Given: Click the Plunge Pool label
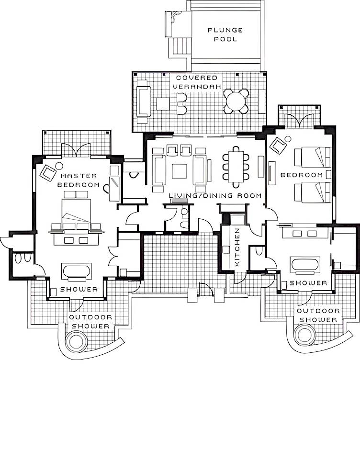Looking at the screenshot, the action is click(x=225, y=34).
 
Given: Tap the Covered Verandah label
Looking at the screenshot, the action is click(x=197, y=82).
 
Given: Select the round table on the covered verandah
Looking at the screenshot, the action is click(x=236, y=101).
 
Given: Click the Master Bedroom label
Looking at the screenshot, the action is click(x=79, y=180).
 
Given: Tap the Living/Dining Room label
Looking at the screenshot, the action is click(x=215, y=196).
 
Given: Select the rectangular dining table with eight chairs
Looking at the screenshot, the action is click(x=236, y=167).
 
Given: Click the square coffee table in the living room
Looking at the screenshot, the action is click(x=179, y=171).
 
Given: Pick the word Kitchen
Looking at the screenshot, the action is click(x=237, y=247).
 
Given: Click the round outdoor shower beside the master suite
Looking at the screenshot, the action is click(x=76, y=341).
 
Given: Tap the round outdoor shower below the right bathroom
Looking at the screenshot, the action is click(x=305, y=334).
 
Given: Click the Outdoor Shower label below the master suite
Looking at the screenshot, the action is click(x=90, y=322).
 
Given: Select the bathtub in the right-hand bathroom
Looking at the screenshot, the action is click(x=305, y=264).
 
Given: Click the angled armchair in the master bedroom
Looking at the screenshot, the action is click(x=48, y=173).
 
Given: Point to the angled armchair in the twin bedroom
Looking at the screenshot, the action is click(x=278, y=146).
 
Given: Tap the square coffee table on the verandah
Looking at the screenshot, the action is click(x=163, y=104).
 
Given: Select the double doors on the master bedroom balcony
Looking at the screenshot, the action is click(x=76, y=150).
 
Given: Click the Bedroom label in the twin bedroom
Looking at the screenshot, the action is click(x=302, y=175).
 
